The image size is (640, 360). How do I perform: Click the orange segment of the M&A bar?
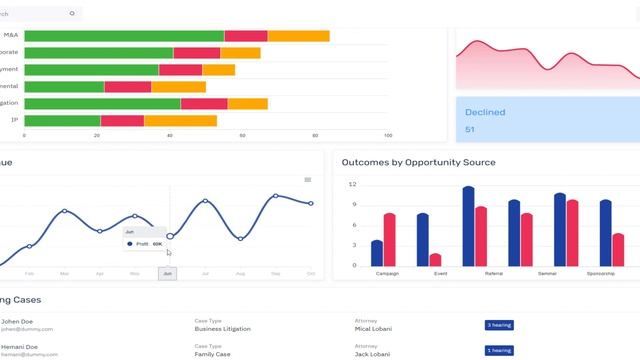click(298, 36)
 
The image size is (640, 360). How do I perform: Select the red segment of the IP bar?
click(122, 121)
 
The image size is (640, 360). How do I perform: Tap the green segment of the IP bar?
click(62, 121)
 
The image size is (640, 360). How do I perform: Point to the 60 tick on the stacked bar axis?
click(243, 135)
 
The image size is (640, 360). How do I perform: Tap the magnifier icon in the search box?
click(72, 13)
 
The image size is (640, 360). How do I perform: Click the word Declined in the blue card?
click(486, 112)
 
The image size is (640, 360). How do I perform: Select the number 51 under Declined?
click(470, 130)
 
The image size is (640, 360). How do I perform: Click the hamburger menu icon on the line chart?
click(308, 180)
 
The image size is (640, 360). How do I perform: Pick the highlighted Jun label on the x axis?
click(167, 273)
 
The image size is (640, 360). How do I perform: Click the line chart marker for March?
click(65, 211)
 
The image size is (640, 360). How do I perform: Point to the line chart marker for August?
click(240, 238)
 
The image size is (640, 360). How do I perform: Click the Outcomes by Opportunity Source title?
click(418, 162)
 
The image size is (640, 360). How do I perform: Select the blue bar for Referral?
click(468, 226)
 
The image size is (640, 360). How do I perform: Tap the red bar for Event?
click(435, 259)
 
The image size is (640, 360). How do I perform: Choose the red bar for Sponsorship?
click(618, 249)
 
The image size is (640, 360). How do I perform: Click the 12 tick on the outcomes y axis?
click(352, 185)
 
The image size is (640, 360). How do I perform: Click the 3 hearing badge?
click(498, 325)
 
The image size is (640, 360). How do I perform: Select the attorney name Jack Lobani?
click(373, 354)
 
